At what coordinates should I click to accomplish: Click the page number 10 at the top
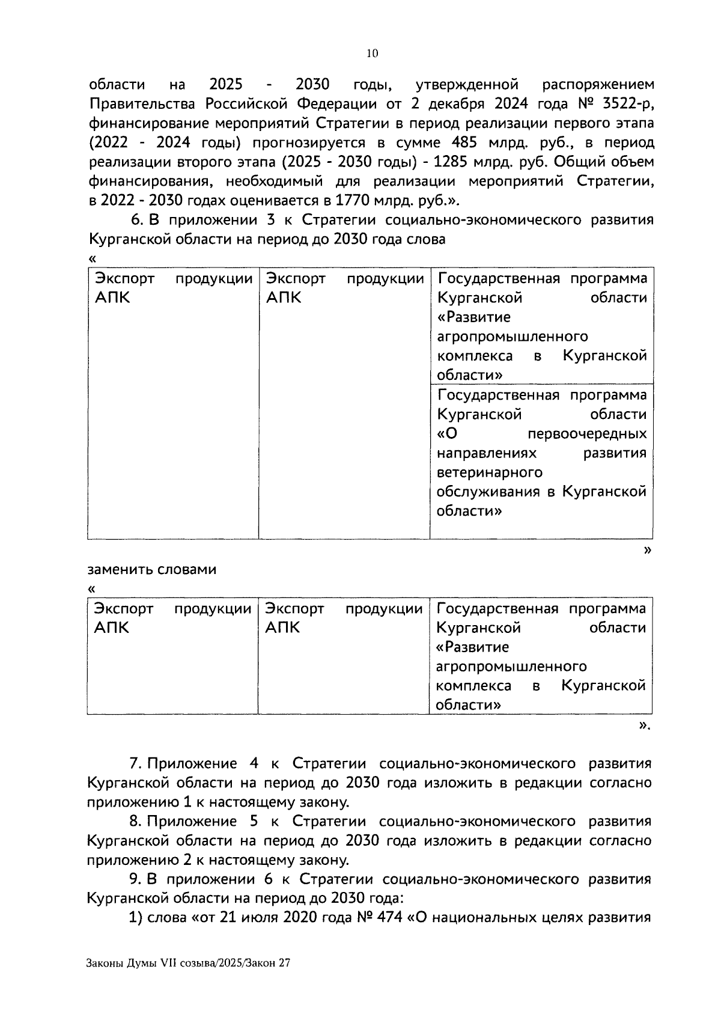tap(372, 54)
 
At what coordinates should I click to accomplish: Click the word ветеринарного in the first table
tap(489, 472)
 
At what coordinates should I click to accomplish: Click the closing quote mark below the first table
tap(647, 549)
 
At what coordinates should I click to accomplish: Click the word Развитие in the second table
tap(472, 647)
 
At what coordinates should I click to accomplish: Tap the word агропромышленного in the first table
tap(512, 337)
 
